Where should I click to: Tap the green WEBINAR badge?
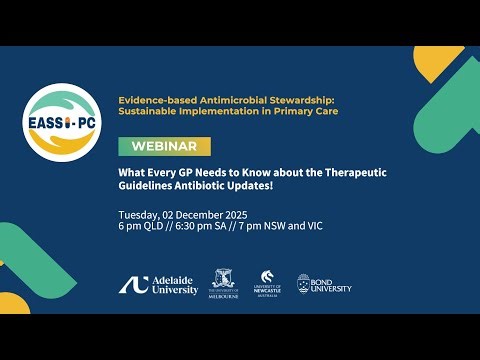point(164,146)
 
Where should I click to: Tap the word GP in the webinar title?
point(187,171)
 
